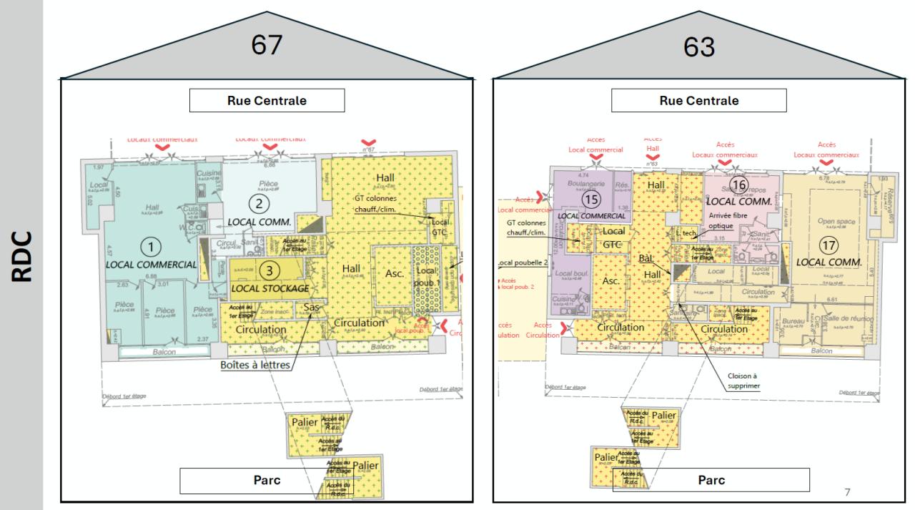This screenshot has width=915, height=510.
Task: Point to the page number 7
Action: [847, 492]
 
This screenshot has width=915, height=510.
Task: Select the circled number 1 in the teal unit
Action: [151, 247]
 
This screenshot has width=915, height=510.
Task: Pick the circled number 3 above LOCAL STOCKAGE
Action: [266, 270]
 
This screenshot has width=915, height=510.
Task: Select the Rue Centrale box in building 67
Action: [267, 101]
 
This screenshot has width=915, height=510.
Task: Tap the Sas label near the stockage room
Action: [311, 308]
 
